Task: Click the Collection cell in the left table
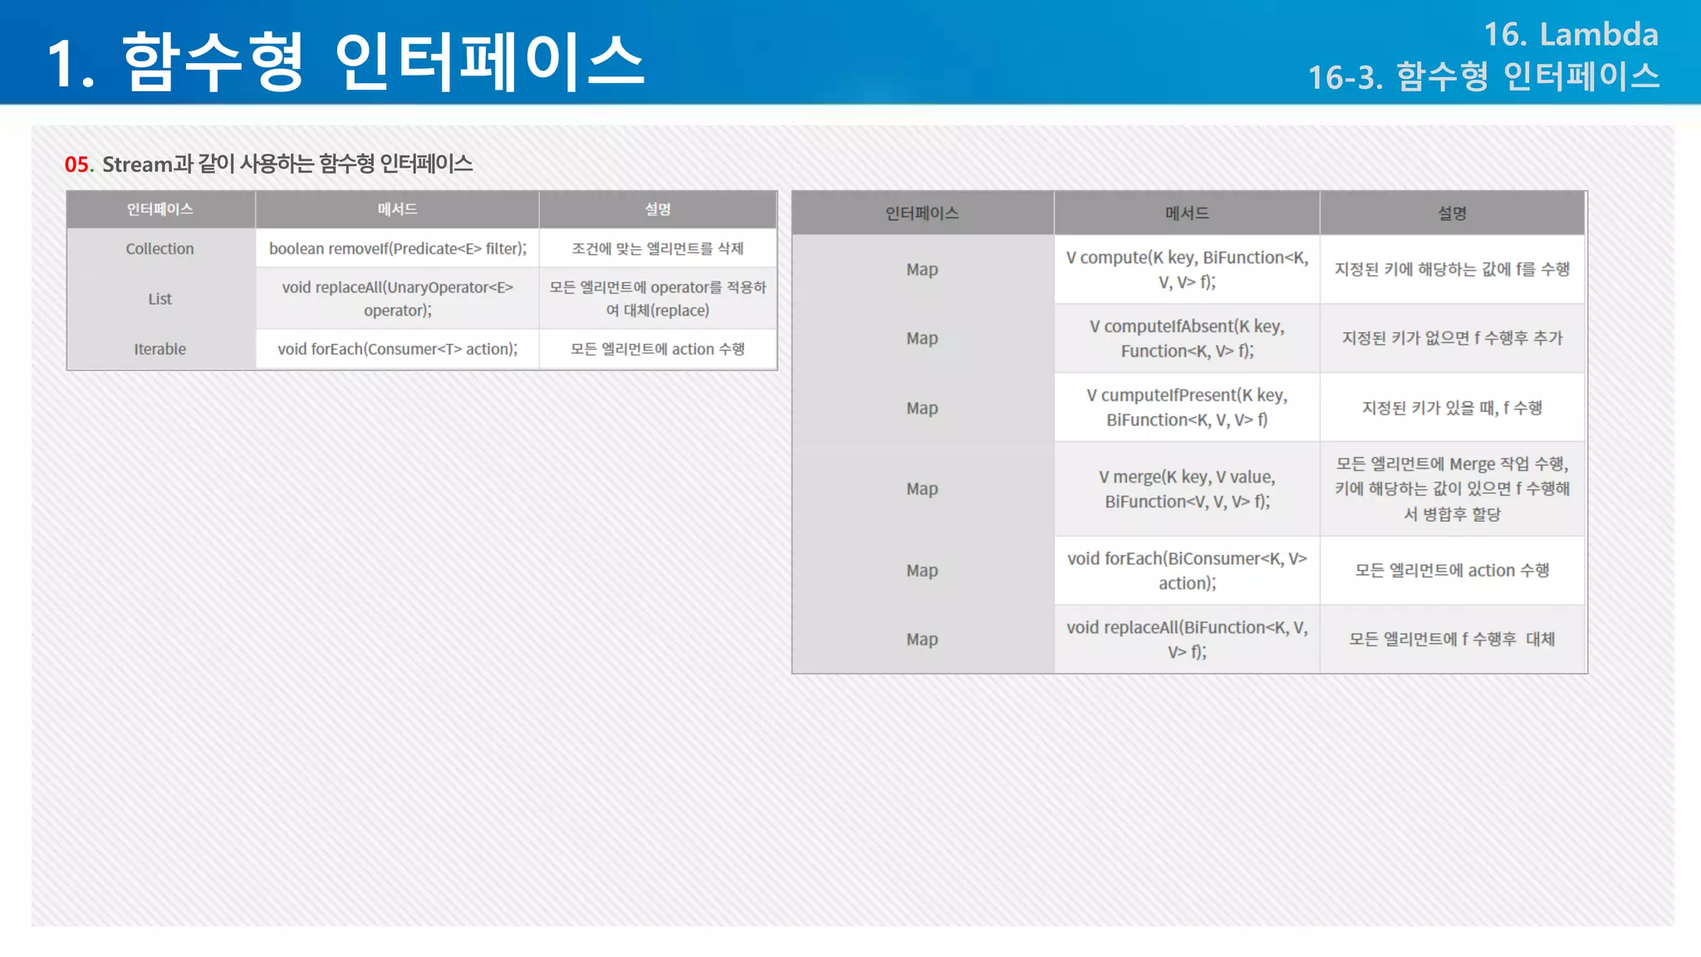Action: pyautogui.click(x=159, y=248)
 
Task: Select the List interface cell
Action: pyautogui.click(x=159, y=299)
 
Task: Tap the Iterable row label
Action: pyautogui.click(x=159, y=349)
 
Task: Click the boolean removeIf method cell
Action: pyautogui.click(x=397, y=248)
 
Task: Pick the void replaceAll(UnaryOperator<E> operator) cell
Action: pyautogui.click(x=397, y=298)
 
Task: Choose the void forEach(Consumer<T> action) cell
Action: pyautogui.click(x=397, y=349)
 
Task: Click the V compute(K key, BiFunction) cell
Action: pyautogui.click(x=1187, y=269)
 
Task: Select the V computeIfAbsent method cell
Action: pyautogui.click(x=1187, y=338)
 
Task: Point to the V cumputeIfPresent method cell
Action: pyautogui.click(x=1187, y=407)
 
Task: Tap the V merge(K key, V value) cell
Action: pyautogui.click(x=1187, y=488)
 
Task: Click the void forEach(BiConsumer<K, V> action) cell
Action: pyautogui.click(x=1187, y=570)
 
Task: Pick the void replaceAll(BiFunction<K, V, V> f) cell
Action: pyautogui.click(x=1187, y=639)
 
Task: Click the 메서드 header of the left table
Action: pyautogui.click(x=397, y=209)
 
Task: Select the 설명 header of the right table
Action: pyautogui.click(x=1452, y=213)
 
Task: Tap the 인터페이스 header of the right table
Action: pyautogui.click(x=922, y=213)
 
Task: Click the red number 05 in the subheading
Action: pyautogui.click(x=77, y=164)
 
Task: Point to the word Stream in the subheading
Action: pyautogui.click(x=137, y=164)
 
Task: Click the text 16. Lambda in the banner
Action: pyautogui.click(x=1571, y=35)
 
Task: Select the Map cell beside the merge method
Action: pyautogui.click(x=922, y=488)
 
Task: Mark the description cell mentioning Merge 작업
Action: pyautogui.click(x=1452, y=488)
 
